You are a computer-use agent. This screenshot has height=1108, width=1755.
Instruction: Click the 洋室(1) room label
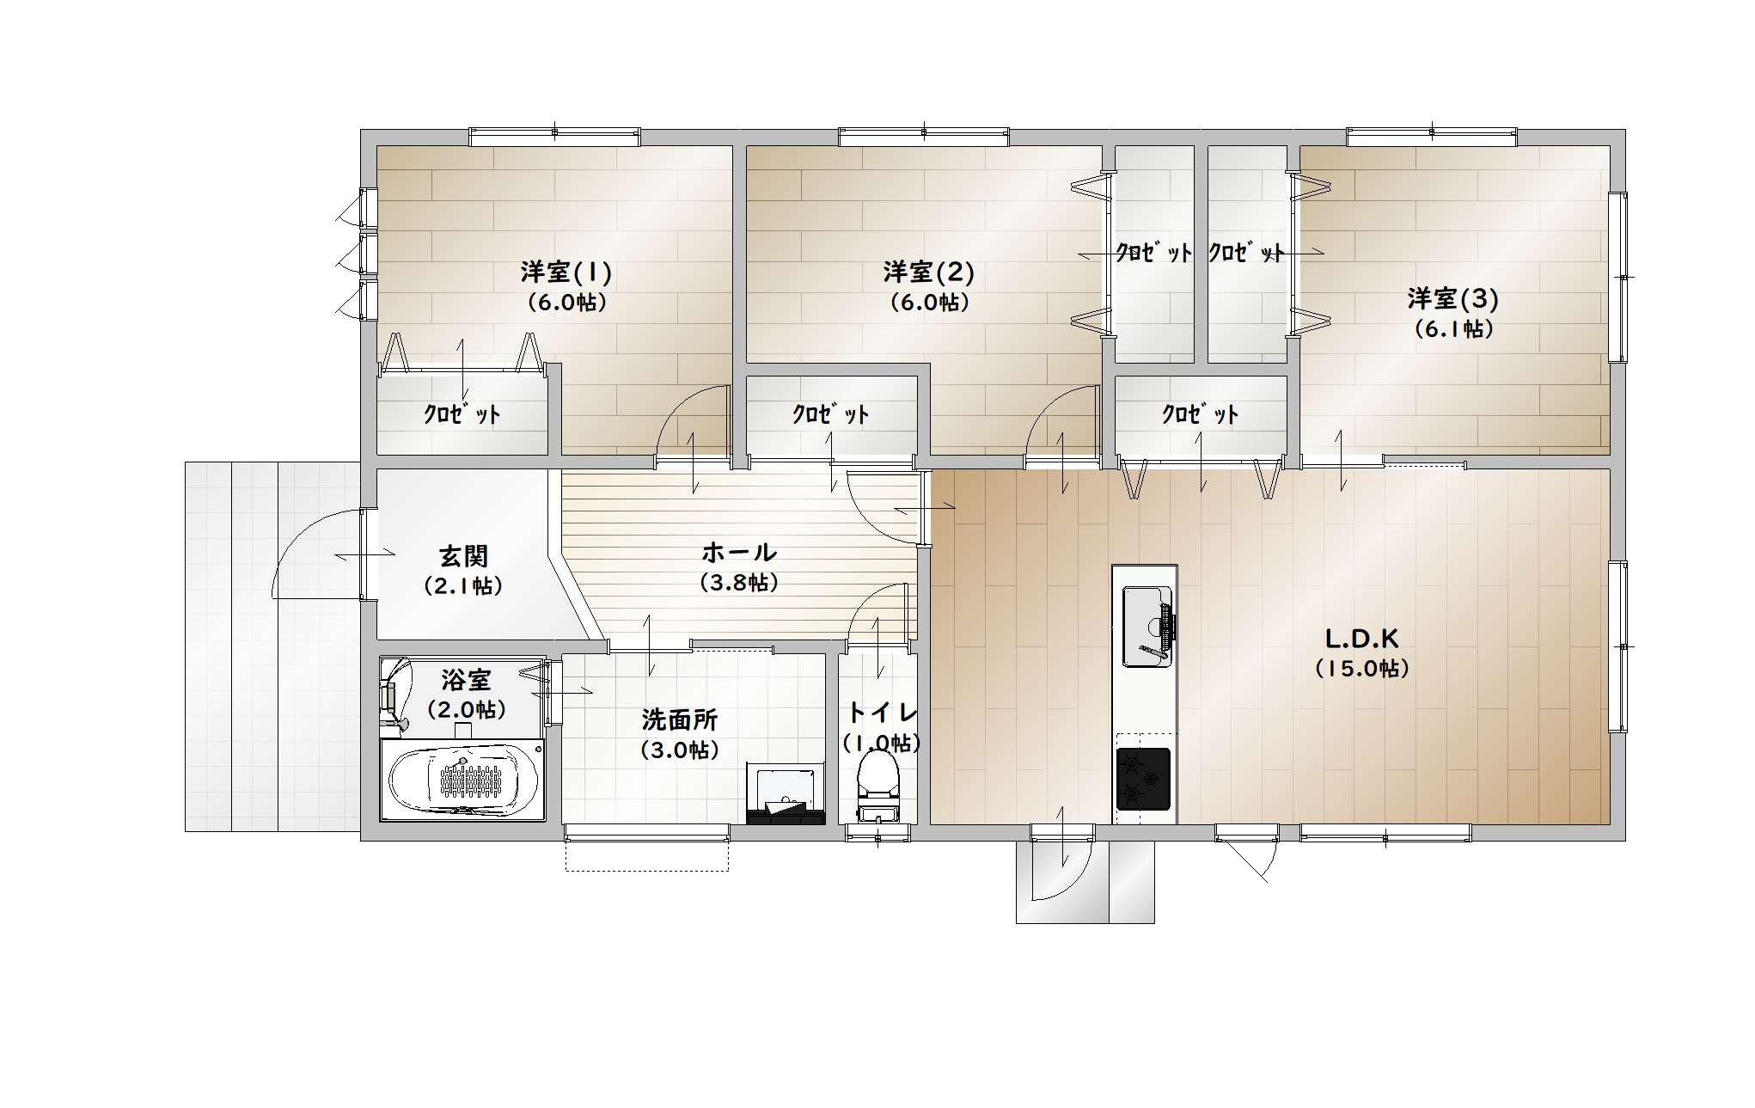[x=566, y=272]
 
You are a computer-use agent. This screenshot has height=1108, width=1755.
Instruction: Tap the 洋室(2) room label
[x=929, y=272]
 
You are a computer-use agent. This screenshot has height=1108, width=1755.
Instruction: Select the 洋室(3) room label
[x=1453, y=299]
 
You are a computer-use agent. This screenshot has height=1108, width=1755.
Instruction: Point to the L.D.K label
[x=1362, y=639]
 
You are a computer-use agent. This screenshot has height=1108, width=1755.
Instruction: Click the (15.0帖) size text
[x=1362, y=669]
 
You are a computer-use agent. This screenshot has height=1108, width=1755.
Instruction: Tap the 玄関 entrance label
[x=464, y=556]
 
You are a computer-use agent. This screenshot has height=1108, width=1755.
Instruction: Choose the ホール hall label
[x=739, y=552]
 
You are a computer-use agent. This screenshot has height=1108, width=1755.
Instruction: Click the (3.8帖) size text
[x=739, y=583]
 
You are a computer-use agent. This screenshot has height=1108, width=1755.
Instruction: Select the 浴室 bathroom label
[x=466, y=680]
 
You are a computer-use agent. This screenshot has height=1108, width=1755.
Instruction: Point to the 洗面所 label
[x=679, y=719]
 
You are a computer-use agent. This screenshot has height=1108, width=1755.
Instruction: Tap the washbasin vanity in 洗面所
[x=786, y=793]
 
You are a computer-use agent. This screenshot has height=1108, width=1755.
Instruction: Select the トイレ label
[x=883, y=713]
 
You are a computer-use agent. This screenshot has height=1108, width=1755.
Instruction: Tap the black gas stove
[x=1143, y=779]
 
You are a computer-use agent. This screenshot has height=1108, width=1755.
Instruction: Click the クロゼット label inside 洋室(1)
[x=462, y=414]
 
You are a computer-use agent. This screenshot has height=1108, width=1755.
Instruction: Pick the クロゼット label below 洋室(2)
[x=830, y=414]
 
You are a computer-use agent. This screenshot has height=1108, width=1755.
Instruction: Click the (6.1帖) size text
[x=1453, y=329]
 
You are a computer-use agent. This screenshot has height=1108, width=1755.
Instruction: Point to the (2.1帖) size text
[x=463, y=586]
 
